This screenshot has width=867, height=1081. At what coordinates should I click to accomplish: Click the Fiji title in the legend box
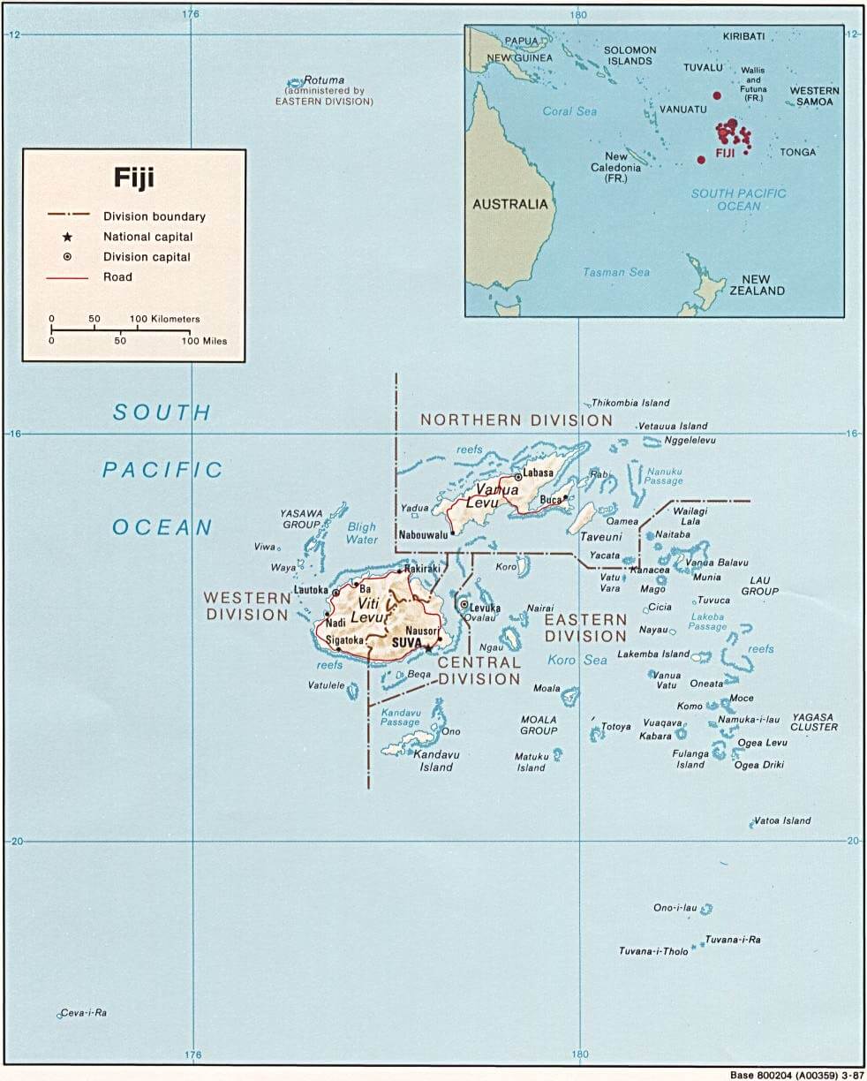[133, 178]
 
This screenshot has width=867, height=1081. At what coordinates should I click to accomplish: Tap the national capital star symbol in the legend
[66, 237]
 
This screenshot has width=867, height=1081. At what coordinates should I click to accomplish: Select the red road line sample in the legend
[67, 277]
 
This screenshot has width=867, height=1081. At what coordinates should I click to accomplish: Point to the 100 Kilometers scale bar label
[165, 319]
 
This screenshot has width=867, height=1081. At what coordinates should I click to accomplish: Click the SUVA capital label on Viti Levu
[407, 644]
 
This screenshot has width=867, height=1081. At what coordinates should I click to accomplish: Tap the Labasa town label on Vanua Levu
[539, 472]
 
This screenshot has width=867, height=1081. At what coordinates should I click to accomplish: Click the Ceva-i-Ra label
[85, 1013]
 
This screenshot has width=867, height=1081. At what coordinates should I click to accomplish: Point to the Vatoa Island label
[782, 820]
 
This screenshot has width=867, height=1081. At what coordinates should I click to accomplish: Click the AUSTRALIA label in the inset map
[510, 204]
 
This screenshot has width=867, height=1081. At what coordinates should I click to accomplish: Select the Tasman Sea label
[616, 272]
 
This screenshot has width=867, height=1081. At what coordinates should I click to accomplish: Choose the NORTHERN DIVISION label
[516, 420]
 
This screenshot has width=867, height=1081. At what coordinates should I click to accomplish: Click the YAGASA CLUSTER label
[814, 722]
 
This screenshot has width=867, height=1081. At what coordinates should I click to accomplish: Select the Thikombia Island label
[630, 403]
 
